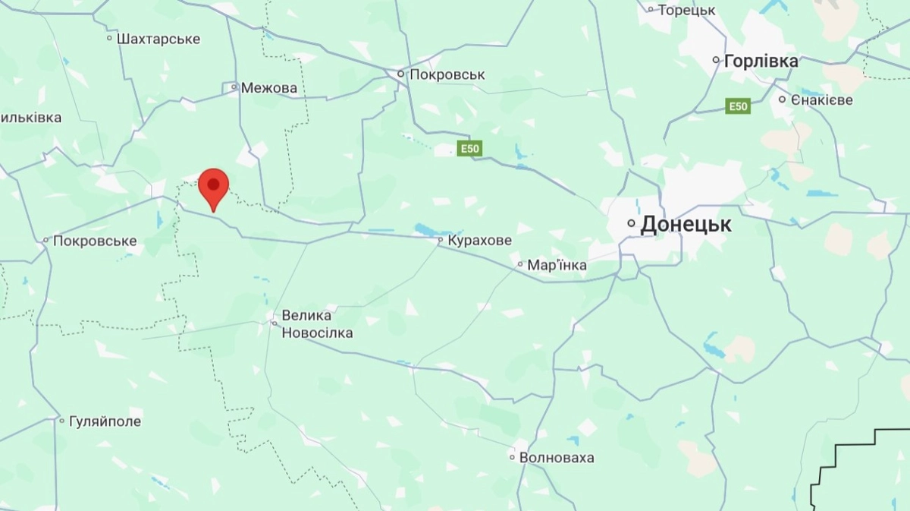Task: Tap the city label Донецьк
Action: click(x=686, y=224)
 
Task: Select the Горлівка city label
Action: click(x=761, y=61)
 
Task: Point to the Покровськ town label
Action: click(x=447, y=74)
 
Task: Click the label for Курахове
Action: click(x=479, y=240)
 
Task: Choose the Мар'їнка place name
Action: click(x=557, y=265)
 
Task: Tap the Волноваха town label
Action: click(x=557, y=458)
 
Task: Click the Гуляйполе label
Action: click(x=105, y=421)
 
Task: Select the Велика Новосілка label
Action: click(x=316, y=323)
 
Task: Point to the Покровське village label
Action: click(x=94, y=241)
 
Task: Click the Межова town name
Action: click(x=268, y=88)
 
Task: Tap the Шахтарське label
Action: click(x=158, y=38)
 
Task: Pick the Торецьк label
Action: click(x=686, y=10)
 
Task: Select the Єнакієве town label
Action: click(x=821, y=99)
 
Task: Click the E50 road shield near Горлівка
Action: click(x=737, y=106)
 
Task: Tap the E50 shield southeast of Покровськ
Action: click(x=469, y=149)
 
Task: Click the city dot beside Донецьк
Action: click(x=631, y=224)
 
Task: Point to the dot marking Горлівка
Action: click(x=716, y=60)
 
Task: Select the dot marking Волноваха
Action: click(x=513, y=458)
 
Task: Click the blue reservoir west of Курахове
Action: click(x=426, y=229)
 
